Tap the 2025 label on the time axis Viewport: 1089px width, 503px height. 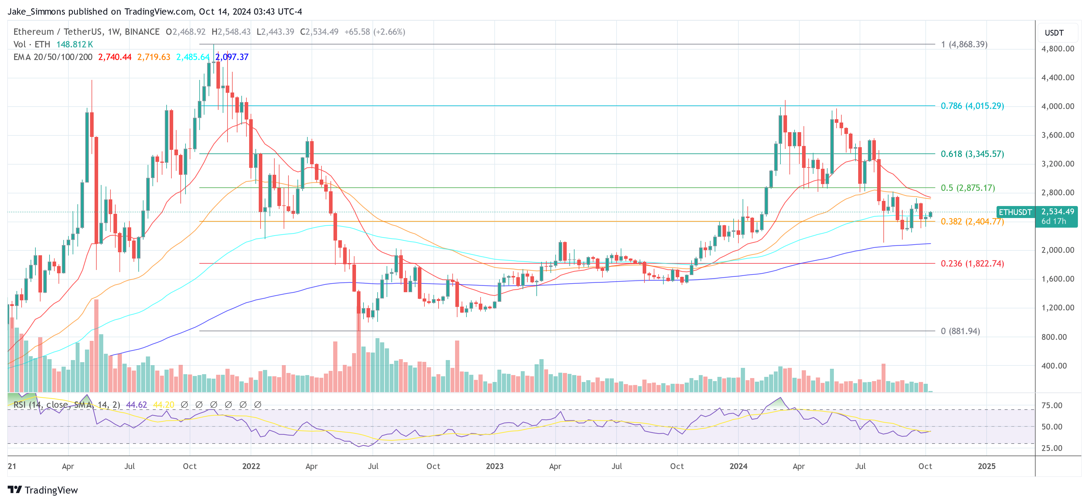[986, 466]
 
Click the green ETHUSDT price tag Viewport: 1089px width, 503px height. [1015, 212]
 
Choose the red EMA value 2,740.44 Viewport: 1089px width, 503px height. [115, 57]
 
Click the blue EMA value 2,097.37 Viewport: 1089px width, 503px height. [232, 57]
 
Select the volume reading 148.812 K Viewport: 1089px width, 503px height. [74, 44]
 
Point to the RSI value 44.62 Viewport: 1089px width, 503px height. [137, 405]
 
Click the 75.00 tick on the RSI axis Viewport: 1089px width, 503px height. [1052, 405]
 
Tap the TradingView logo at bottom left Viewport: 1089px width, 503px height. [43, 490]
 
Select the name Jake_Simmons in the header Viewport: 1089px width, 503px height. [36, 11]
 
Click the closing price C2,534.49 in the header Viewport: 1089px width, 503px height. [319, 32]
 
